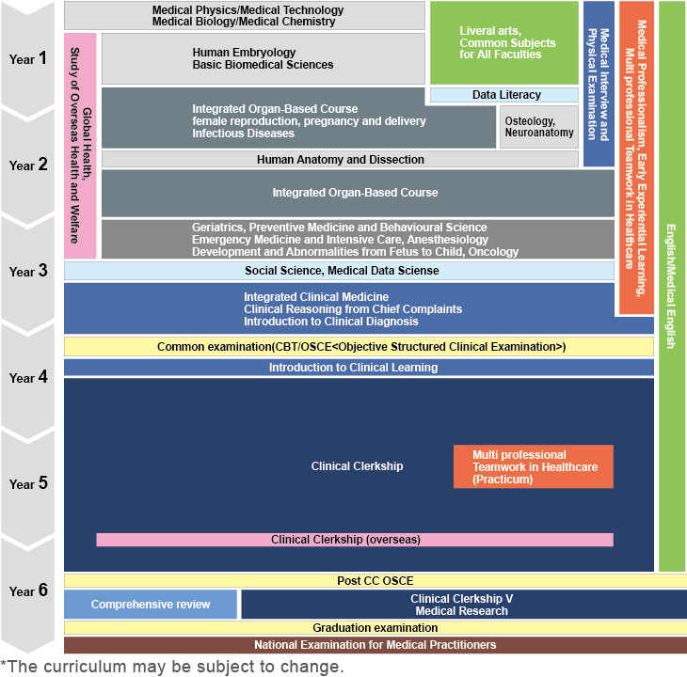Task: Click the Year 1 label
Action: [x=28, y=59]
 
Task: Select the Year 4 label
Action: [x=28, y=378]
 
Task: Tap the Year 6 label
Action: [x=28, y=590]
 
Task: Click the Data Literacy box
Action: [x=504, y=95]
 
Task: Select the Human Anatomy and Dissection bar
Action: [x=340, y=160]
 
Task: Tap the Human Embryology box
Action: [x=263, y=58]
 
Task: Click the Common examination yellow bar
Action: [x=359, y=347]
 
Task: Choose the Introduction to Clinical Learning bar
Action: [x=359, y=367]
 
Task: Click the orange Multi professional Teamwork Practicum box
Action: [x=533, y=466]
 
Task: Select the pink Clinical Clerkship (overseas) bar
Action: [x=355, y=540]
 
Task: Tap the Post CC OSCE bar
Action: [x=375, y=580]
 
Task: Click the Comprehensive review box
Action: [x=151, y=604]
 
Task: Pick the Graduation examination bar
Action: [x=375, y=627]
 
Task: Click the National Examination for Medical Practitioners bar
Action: [x=375, y=645]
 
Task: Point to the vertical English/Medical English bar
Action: [x=672, y=286]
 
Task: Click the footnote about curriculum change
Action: [x=172, y=667]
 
